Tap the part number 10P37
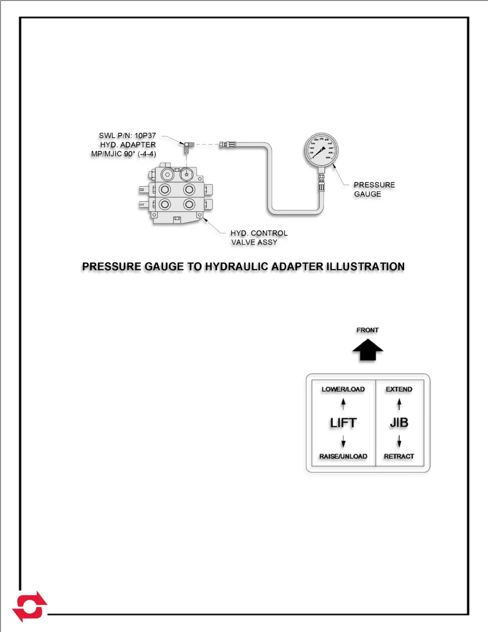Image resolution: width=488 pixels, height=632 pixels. (x=145, y=136)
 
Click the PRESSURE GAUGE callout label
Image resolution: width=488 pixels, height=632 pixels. (x=374, y=190)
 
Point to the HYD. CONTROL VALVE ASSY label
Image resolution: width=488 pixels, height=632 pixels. (x=258, y=238)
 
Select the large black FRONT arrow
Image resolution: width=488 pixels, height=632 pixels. (x=368, y=350)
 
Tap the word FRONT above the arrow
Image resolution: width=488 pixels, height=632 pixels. (x=367, y=330)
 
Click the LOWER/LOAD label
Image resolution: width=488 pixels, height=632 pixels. (x=343, y=389)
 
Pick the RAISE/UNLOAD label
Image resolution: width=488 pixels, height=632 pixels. (x=343, y=456)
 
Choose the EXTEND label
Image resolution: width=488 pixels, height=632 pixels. (x=399, y=389)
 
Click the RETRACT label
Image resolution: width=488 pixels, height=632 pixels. (x=399, y=456)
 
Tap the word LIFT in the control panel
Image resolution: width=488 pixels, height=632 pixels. (x=343, y=423)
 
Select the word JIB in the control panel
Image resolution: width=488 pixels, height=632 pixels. (x=399, y=423)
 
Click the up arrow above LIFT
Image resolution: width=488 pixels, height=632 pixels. (x=343, y=404)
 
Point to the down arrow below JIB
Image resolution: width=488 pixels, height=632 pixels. (x=399, y=441)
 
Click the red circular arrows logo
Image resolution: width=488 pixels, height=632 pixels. (x=30, y=606)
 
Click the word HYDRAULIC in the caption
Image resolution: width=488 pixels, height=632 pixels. (x=236, y=267)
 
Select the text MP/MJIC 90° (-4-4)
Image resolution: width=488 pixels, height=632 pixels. (x=124, y=154)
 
